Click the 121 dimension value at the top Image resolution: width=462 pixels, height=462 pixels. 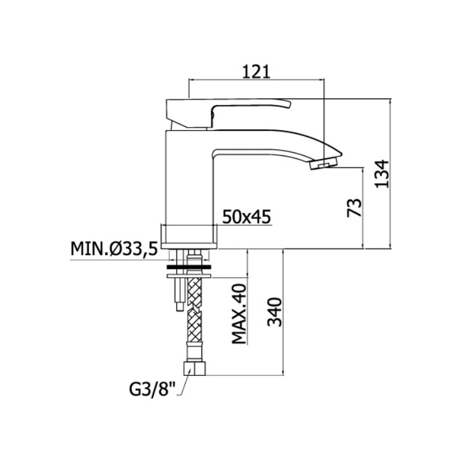coord(256,72)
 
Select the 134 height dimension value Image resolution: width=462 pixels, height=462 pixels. coord(382,174)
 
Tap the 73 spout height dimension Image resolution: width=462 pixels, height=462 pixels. coord(354,208)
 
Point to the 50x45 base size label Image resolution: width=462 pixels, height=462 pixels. coord(246,217)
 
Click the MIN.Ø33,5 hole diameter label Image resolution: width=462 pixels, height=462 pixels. coord(114,249)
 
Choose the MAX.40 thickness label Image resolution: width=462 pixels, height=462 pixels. coord(239,314)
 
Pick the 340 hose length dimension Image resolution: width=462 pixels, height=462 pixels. coord(274,312)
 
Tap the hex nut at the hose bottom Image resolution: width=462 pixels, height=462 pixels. coord(195,368)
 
